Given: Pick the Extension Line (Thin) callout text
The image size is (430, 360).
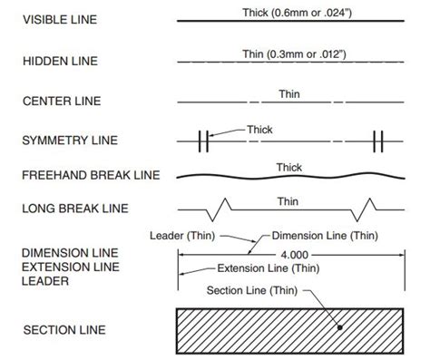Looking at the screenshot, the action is [268, 269].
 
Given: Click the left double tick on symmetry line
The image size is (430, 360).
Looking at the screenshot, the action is [204, 141].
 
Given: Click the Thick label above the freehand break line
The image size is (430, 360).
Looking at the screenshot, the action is [288, 167].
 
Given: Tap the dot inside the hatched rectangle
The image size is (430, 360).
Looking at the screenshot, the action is [339, 329].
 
